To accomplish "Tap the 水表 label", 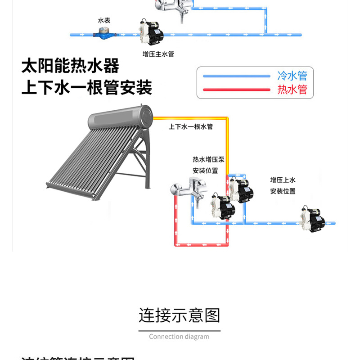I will pos(104,21).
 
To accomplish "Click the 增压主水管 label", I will pos(157,54).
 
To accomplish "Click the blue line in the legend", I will pos(237,76).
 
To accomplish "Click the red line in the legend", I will pos(237,89).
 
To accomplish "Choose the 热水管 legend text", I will pos(292,89).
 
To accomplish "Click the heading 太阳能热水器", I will pos(71,66).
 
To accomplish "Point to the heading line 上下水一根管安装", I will pos(87,87).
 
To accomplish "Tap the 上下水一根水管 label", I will pos(190,127).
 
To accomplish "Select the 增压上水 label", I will pos(283,180).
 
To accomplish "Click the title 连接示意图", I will pos(179,315).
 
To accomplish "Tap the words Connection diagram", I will pos(179,337).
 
